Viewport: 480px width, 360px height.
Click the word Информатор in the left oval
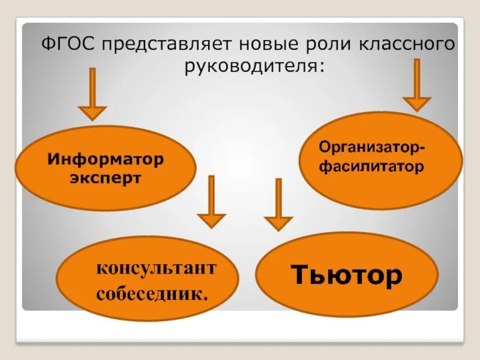[x=106, y=160]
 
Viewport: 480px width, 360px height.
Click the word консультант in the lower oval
[x=155, y=268]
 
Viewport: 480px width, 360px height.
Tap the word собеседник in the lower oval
[x=151, y=295]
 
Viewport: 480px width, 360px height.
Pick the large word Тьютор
[x=346, y=275]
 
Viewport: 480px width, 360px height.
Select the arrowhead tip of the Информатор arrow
[x=92, y=119]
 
